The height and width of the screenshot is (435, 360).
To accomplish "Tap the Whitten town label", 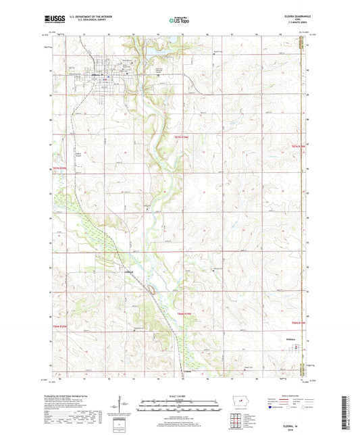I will click(x=292, y=340).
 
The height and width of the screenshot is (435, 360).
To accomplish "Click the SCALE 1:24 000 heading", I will click(x=179, y=395).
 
